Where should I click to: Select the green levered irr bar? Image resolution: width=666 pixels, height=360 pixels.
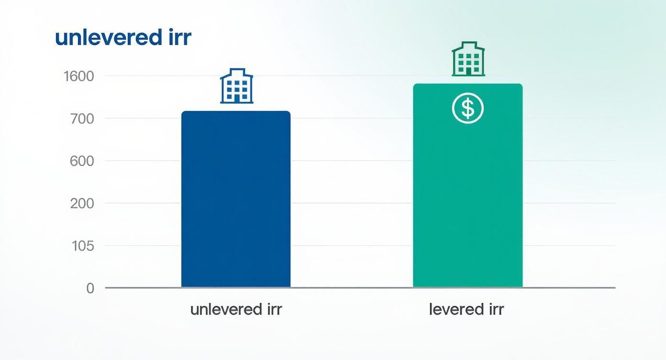[467, 191]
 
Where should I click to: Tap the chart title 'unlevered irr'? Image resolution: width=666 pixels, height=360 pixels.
[123, 38]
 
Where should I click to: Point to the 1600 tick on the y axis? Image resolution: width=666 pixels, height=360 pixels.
[79, 76]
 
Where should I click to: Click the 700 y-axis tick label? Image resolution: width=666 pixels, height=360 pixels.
[81, 118]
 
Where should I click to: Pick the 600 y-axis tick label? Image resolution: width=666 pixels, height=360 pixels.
[81, 161]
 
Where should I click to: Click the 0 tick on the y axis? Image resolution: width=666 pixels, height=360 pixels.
[90, 288]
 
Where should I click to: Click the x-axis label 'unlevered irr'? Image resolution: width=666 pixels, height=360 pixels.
[236, 309]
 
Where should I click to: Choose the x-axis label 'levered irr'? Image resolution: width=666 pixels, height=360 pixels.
[466, 309]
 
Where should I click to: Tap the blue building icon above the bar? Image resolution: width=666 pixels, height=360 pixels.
[236, 86]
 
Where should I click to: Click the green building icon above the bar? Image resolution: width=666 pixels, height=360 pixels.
[468, 59]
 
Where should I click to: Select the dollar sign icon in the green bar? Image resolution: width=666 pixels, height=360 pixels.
[468, 109]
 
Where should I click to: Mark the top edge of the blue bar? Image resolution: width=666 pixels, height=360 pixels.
[236, 112]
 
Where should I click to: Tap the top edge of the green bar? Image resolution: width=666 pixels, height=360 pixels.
[467, 84]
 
